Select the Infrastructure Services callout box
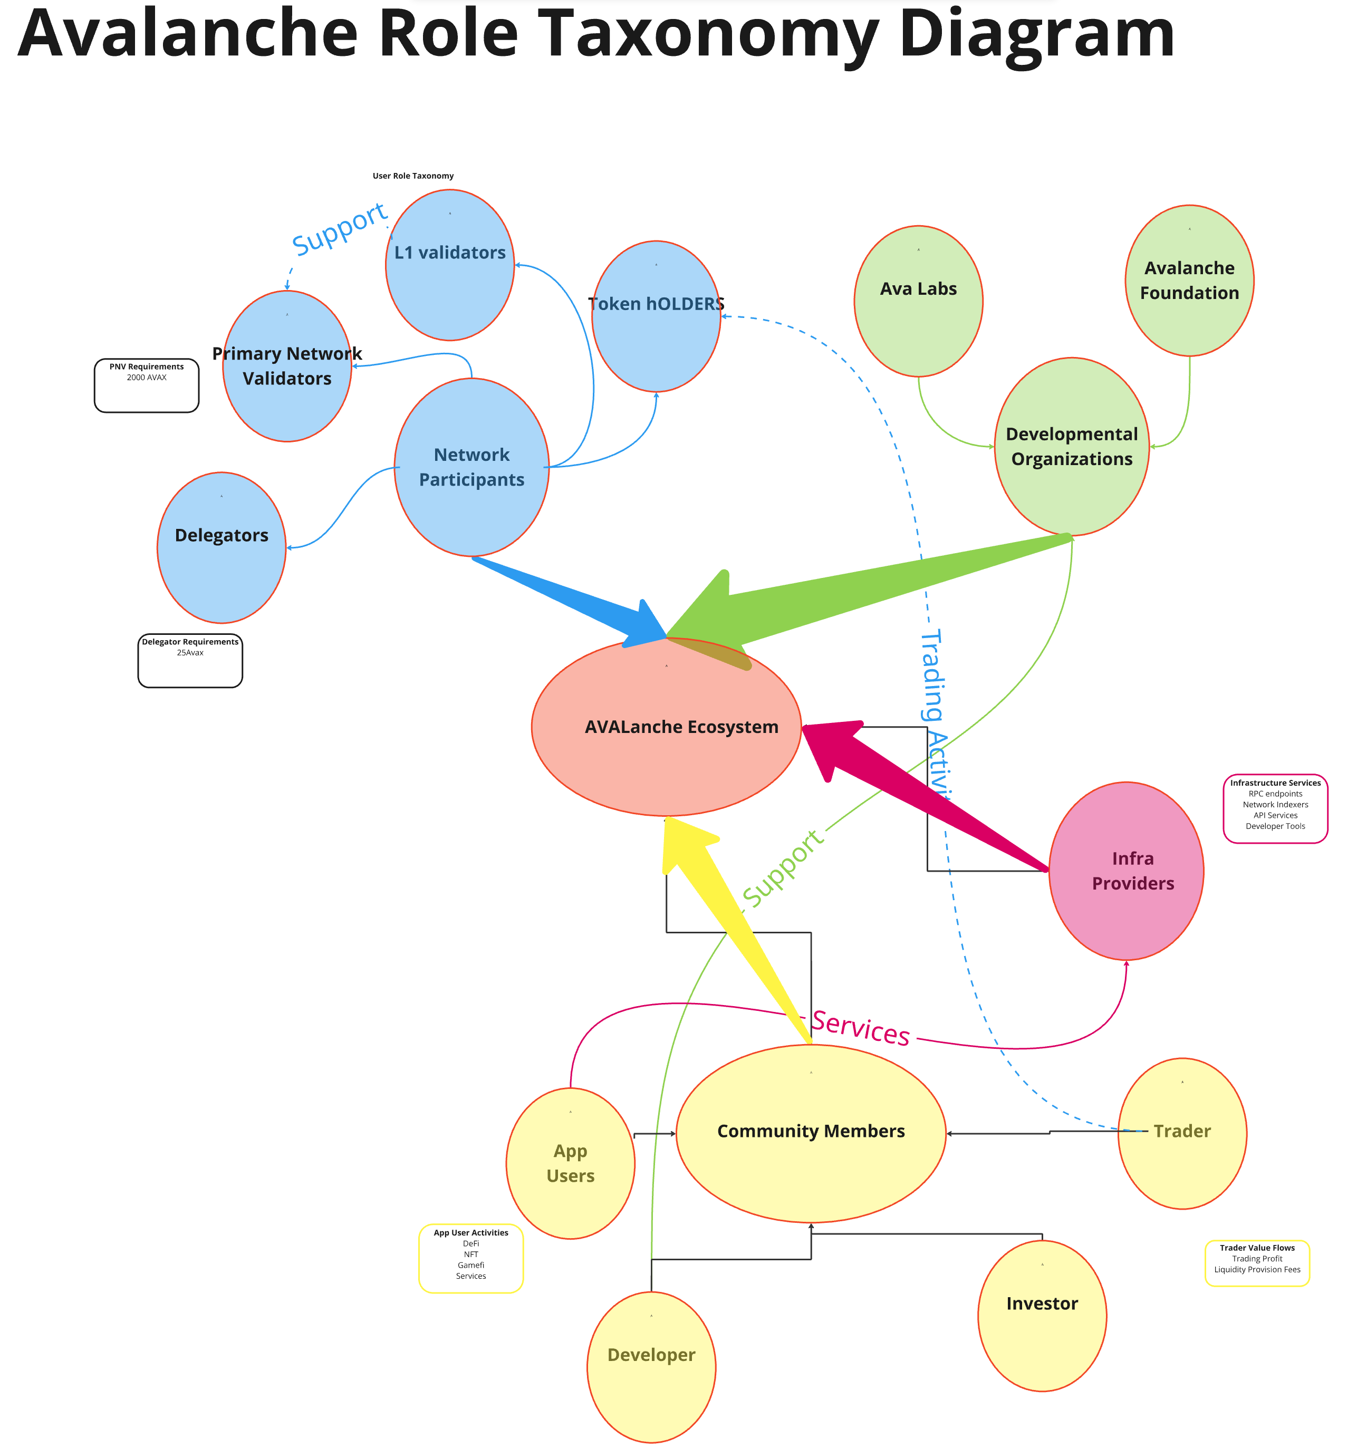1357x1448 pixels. pyautogui.click(x=1275, y=808)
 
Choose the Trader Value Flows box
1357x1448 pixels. pyautogui.click(x=1256, y=1263)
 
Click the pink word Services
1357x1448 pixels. pyautogui.click(x=861, y=1028)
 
